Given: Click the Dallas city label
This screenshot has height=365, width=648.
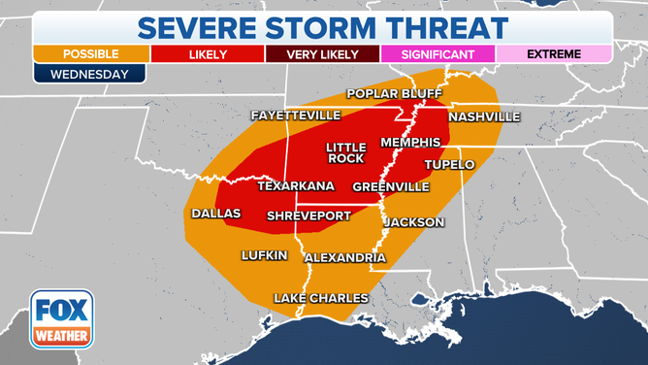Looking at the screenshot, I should (215, 213).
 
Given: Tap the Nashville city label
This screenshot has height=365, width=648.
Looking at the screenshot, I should (484, 117).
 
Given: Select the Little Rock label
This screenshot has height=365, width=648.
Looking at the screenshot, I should (345, 151).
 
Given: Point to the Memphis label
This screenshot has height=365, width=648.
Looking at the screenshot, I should (410, 142).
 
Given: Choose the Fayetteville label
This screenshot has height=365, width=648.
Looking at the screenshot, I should (296, 116).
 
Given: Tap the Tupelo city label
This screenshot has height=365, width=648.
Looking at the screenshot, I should (449, 165).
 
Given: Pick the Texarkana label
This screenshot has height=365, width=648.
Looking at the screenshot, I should (296, 186).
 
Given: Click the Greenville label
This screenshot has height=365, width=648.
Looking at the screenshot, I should (390, 186).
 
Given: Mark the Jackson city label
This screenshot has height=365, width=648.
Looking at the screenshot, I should (414, 222).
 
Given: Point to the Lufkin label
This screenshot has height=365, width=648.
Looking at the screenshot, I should (265, 255).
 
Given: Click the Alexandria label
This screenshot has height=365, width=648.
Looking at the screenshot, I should (345, 258).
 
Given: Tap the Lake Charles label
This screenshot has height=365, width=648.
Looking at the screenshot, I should (320, 298).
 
